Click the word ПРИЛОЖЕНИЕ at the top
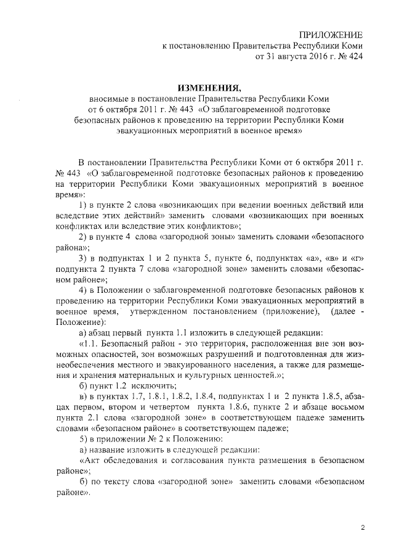[x=331, y=35]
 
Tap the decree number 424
[x=355, y=57]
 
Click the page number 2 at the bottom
[x=363, y=527]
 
